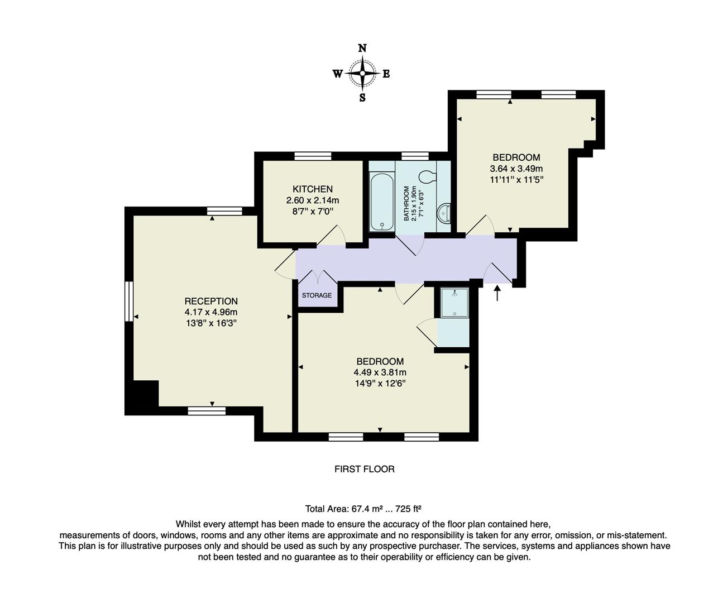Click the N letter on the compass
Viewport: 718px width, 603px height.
[x=362, y=48]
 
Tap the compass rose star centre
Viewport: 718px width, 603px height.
[x=362, y=73]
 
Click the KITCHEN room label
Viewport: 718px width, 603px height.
[x=313, y=189]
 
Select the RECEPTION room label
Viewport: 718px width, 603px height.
[x=211, y=301]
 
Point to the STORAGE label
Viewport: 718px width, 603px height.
[x=317, y=295]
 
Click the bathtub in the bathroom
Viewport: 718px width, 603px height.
[x=382, y=202]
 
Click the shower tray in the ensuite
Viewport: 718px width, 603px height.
[x=454, y=303]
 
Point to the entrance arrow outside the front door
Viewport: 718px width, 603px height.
[x=497, y=293]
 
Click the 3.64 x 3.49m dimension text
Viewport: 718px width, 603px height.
[x=516, y=169]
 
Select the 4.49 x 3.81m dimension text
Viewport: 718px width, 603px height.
[x=380, y=372]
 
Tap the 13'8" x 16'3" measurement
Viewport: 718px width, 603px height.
[x=211, y=323]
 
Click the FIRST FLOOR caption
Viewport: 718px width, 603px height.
[x=364, y=469]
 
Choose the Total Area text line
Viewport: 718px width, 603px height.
[x=363, y=509]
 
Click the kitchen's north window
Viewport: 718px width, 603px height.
[x=313, y=156]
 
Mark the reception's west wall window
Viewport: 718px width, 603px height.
[x=129, y=301]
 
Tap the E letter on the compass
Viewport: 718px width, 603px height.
[x=386, y=74]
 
